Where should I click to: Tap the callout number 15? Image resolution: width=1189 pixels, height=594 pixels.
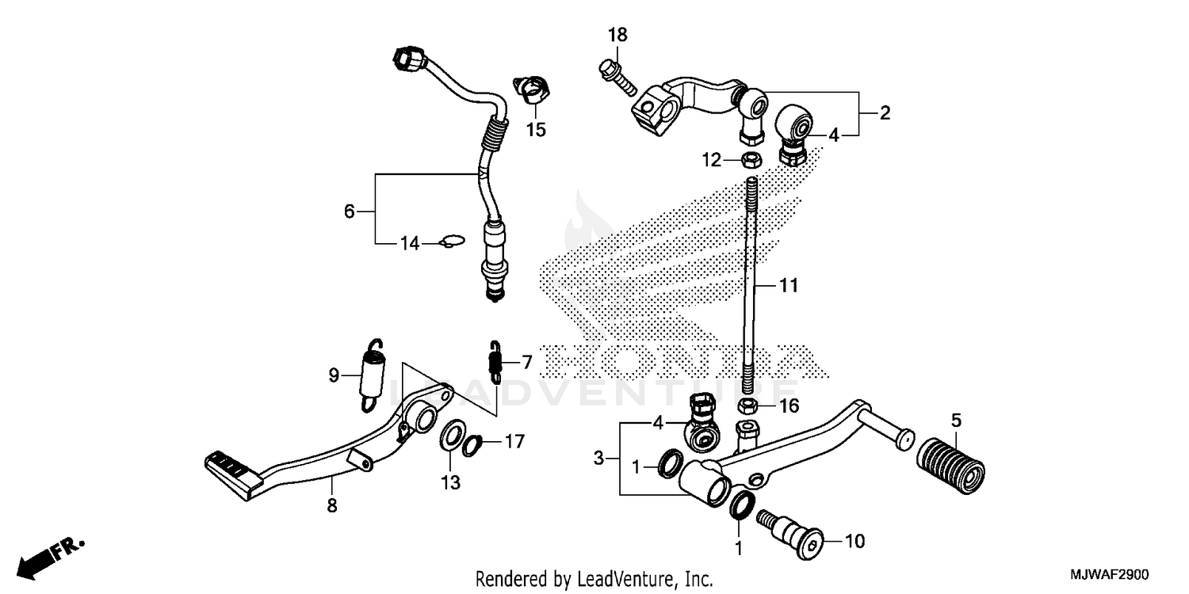[x=537, y=129]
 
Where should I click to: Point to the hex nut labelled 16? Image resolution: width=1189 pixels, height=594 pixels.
[x=746, y=406]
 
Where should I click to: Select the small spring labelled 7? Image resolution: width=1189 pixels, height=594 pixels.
[x=495, y=363]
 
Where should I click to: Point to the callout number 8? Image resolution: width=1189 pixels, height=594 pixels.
[x=331, y=505]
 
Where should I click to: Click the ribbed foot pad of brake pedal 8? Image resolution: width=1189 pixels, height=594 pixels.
[x=231, y=468]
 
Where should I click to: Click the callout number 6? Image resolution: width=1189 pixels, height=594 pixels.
[x=350, y=211]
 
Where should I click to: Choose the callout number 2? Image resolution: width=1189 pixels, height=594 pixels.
[x=885, y=113]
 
